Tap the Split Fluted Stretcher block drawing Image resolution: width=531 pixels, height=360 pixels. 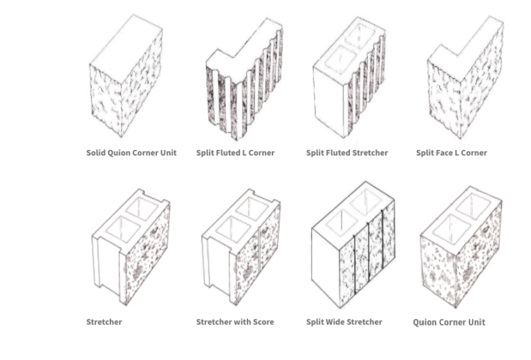click(x=349, y=77)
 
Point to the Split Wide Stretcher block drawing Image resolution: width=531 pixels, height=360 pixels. click(x=353, y=245)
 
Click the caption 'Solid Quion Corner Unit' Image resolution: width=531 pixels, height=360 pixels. click(x=131, y=153)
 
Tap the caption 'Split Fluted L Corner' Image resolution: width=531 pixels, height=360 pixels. click(x=235, y=153)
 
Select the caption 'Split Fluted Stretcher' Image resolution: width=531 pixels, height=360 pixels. click(x=347, y=153)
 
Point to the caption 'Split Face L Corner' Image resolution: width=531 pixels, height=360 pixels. click(x=451, y=153)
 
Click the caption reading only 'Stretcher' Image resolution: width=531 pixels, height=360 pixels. click(x=104, y=322)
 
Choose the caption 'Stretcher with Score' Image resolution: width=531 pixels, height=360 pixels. click(x=235, y=322)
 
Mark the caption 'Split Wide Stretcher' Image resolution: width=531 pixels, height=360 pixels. click(x=344, y=322)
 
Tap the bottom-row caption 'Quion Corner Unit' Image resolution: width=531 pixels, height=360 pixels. click(x=449, y=323)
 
